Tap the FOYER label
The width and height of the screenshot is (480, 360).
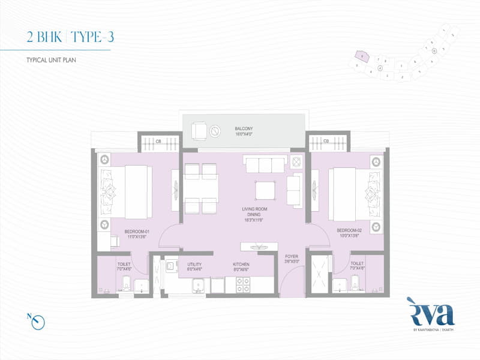click(292, 259)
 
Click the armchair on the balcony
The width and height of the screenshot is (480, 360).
click(200, 130)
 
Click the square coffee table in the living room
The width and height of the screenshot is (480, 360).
click(266, 190)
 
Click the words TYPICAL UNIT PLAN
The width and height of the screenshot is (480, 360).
click(52, 61)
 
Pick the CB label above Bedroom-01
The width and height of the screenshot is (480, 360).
click(158, 142)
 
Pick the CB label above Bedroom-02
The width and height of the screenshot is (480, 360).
click(326, 142)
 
